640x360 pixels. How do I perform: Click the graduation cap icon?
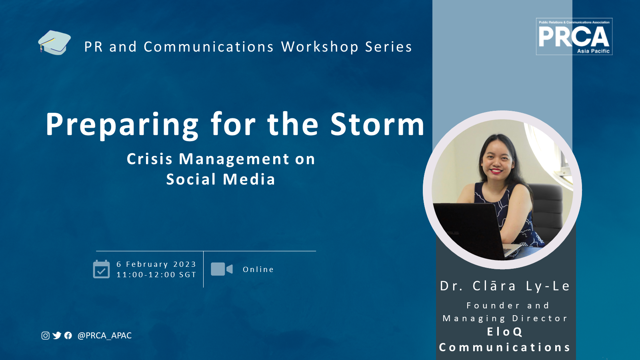click(54, 42)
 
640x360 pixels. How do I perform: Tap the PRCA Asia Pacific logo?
click(574, 36)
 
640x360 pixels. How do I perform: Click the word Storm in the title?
click(378, 124)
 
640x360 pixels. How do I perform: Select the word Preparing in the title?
click(122, 126)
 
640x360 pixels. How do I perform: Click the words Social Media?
click(220, 179)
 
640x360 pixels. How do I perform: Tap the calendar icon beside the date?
click(102, 269)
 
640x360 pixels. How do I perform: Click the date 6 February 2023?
click(156, 264)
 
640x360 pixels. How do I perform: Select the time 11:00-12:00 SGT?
click(156, 274)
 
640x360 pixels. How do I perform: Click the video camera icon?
click(222, 269)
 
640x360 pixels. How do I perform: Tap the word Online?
click(258, 270)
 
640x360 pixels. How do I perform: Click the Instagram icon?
click(46, 336)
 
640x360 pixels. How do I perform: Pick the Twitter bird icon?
click(57, 336)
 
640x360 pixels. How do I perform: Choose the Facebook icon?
click(68, 336)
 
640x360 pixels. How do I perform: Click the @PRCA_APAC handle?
click(104, 336)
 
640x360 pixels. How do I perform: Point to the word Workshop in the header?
click(320, 47)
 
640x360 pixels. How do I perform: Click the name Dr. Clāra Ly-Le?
click(505, 286)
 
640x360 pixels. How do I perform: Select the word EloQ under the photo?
click(504, 332)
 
